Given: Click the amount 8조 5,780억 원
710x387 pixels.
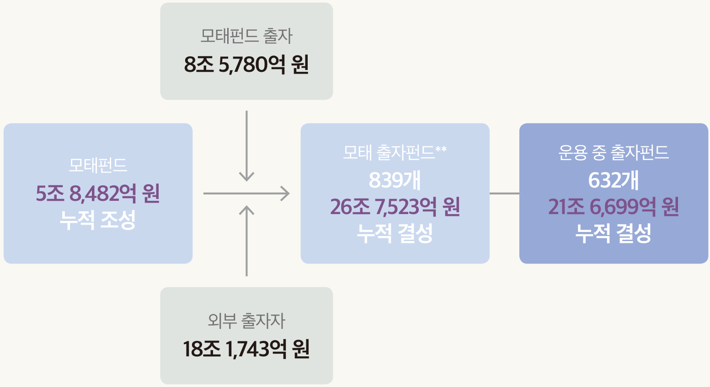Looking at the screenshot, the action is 246,64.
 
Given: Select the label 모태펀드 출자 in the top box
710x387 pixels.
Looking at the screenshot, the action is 246,36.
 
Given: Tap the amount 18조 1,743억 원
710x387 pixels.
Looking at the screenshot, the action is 246,349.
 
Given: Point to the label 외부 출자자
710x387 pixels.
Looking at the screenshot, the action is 246,320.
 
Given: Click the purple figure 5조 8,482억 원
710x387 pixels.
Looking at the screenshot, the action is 98,193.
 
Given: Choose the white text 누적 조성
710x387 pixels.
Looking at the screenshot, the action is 98,220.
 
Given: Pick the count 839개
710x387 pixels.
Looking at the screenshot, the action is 395,180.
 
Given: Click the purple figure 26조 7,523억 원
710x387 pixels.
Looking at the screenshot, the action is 395,206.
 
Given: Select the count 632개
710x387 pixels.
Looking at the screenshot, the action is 614,180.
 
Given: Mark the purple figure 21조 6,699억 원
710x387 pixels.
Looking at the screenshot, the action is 614,206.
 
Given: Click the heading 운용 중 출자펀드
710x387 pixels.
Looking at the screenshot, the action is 614,153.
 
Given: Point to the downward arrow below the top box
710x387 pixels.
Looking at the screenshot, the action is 246,146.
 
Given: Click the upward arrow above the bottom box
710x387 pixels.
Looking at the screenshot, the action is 246,241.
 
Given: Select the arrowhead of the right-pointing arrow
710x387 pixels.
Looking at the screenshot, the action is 285,193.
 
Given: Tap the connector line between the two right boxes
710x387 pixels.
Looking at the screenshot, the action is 504,193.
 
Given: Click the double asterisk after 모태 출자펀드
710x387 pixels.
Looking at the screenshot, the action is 441,149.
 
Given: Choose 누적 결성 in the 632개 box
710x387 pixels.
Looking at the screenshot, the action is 614,233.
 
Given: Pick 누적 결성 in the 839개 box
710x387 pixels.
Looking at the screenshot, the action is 395,233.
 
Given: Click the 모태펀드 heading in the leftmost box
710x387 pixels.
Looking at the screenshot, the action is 98,165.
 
